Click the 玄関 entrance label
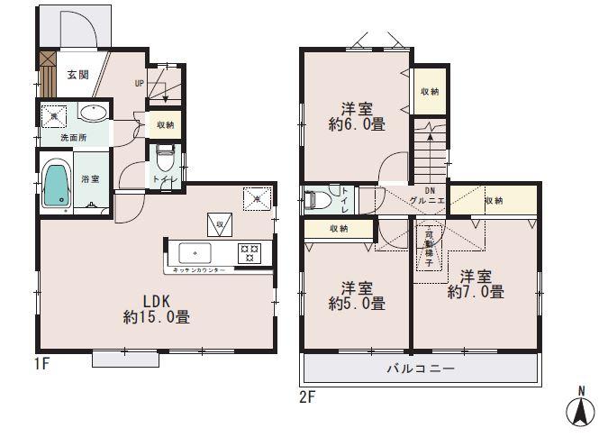(x=77, y=74)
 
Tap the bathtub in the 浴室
(x=57, y=186)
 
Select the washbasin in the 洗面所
(x=93, y=113)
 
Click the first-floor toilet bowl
(x=165, y=162)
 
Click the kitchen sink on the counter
(x=195, y=251)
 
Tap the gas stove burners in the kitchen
(x=247, y=252)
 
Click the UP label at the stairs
(x=139, y=84)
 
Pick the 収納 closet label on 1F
(x=165, y=125)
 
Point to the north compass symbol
(x=580, y=410)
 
